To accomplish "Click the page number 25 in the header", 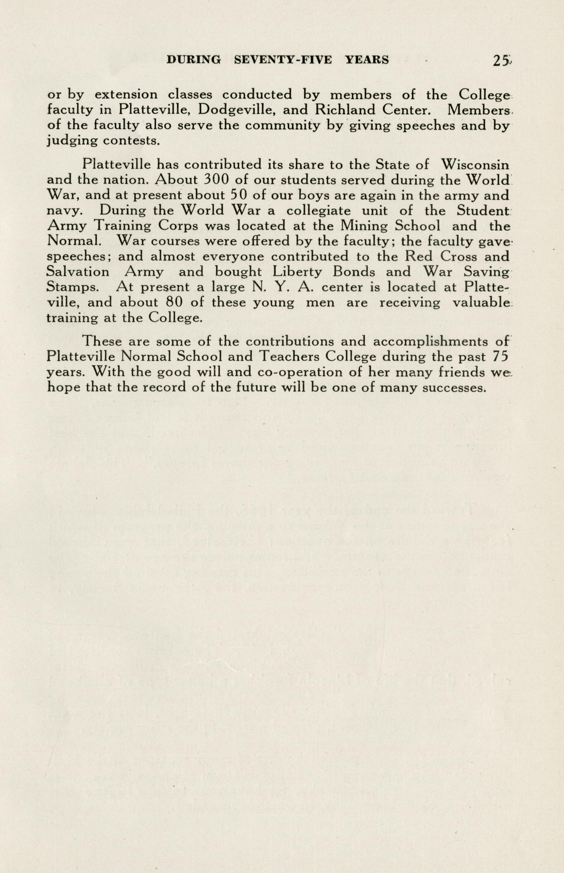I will (500, 60).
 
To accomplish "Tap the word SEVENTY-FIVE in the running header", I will (283, 60).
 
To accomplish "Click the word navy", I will (61, 211).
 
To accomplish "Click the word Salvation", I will (78, 272).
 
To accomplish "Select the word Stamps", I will (72, 288).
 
